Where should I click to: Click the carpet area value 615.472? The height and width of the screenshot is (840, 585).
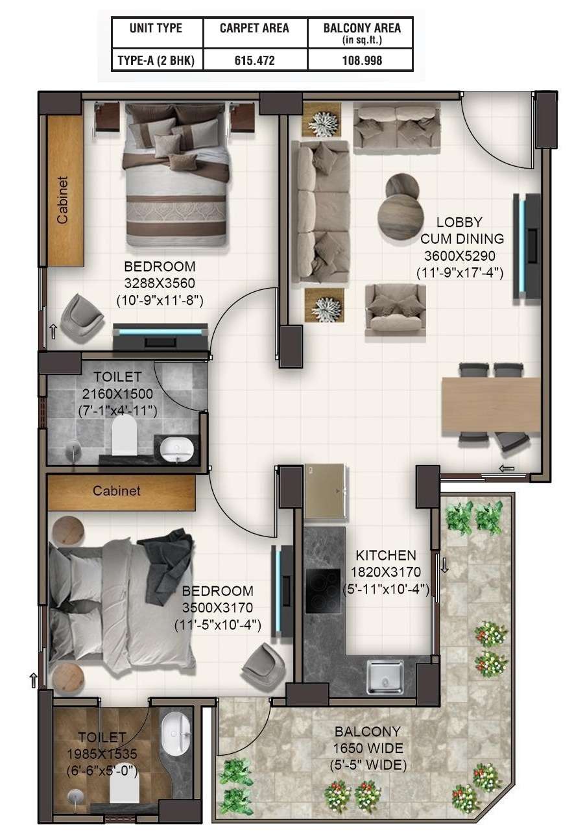coord(255,60)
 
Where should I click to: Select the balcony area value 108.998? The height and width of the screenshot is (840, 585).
coord(362,60)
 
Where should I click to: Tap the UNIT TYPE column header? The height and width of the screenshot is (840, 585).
coord(156,28)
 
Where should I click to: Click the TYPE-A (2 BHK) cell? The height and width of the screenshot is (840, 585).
coord(156,60)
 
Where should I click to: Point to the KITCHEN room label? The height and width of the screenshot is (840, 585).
coord(386,555)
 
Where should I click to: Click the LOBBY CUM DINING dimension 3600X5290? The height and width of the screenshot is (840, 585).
coord(460,256)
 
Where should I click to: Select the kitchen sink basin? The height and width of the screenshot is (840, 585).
coord(385,678)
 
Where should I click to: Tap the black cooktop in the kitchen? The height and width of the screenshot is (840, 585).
coord(323,591)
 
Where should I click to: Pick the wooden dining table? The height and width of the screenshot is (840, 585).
coord(491,405)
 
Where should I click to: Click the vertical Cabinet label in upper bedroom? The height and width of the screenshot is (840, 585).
coord(63,200)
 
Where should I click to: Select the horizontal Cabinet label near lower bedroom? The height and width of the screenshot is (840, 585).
coord(117,491)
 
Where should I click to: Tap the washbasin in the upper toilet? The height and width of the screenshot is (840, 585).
coord(176,448)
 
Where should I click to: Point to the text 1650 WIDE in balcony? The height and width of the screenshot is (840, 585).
coord(368,748)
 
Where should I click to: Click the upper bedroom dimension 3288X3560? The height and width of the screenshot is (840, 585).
coord(160,283)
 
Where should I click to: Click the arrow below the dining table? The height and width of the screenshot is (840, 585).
coord(507,468)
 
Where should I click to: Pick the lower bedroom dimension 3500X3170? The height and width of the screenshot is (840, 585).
coord(217,608)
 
